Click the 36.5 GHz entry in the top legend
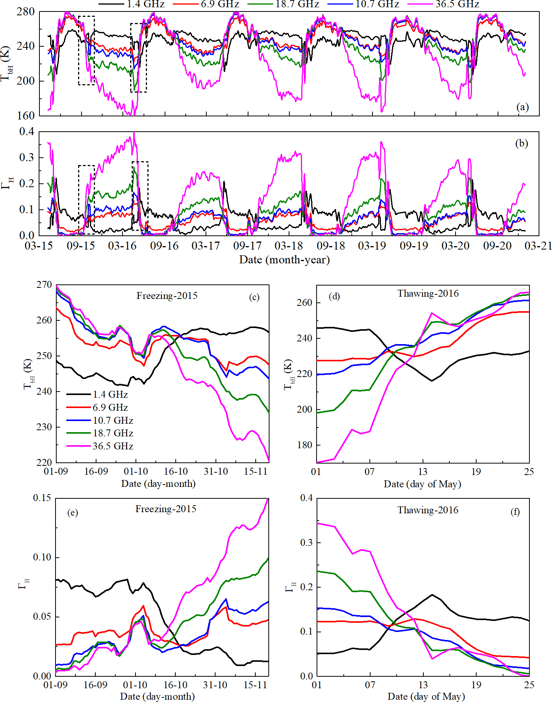click(x=457, y=5)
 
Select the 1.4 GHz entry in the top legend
click(x=145, y=5)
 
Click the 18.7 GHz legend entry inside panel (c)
click(x=113, y=433)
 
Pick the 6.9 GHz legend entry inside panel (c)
click(x=110, y=407)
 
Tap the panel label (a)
click(x=523, y=107)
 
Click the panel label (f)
click(x=515, y=511)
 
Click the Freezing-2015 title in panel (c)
click(x=167, y=295)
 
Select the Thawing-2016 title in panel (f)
click(x=428, y=510)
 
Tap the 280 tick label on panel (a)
click(x=26, y=12)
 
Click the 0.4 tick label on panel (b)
click(x=27, y=132)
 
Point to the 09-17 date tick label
click(x=247, y=246)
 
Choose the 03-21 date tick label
click(x=538, y=246)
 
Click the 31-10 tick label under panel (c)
click(x=216, y=471)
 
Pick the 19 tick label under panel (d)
click(x=476, y=472)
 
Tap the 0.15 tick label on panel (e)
click(x=42, y=498)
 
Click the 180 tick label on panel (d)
click(x=304, y=445)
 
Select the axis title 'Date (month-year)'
click(x=284, y=260)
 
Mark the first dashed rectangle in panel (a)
click(x=87, y=51)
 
